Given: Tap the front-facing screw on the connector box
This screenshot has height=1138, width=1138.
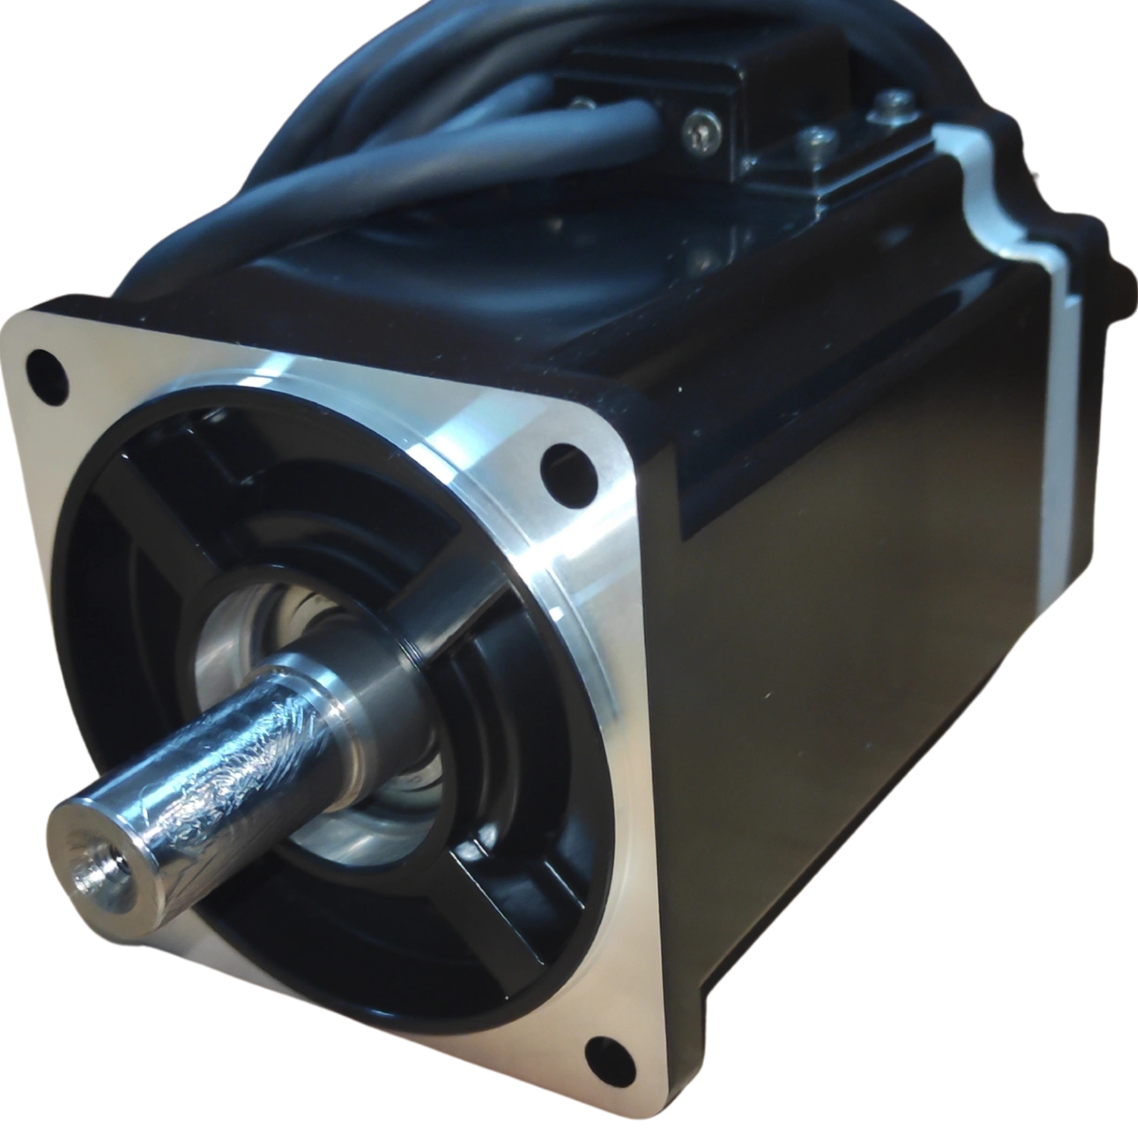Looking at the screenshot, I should pyautogui.click(x=699, y=131).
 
